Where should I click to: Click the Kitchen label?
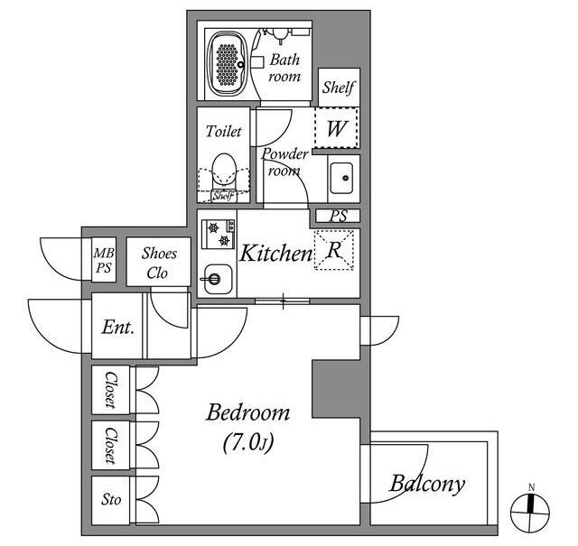[275, 253]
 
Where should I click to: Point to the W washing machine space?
[336, 128]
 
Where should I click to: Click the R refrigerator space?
[334, 250]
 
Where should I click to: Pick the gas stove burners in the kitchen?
[219, 234]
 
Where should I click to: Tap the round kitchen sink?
[218, 279]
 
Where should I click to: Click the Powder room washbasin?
[342, 178]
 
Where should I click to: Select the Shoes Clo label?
[159, 263]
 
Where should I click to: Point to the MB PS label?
[104, 260]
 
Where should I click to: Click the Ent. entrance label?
[117, 327]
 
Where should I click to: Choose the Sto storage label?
[111, 500]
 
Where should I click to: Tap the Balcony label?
[427, 484]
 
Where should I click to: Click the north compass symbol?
[530, 512]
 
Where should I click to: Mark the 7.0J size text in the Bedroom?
[248, 441]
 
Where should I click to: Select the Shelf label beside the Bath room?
[339, 88]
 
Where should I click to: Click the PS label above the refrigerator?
[339, 216]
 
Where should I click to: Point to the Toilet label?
[223, 131]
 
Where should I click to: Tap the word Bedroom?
[247, 412]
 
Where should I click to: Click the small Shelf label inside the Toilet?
[223, 196]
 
